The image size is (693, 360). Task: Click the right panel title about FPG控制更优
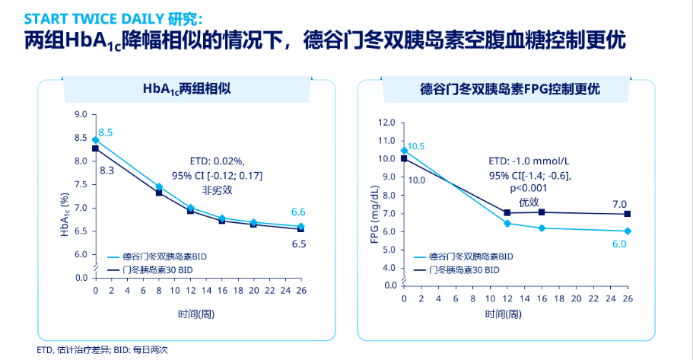click(510, 89)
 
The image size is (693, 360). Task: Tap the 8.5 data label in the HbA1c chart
click(106, 133)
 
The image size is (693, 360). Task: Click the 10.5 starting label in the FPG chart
click(415, 146)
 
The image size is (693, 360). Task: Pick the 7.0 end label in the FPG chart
click(619, 204)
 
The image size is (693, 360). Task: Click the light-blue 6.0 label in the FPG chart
click(619, 244)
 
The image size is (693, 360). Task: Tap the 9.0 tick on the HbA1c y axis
click(81, 114)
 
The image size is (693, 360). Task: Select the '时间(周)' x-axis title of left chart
click(199, 313)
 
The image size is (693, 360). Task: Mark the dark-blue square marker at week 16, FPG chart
click(541, 212)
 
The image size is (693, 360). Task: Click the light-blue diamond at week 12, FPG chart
click(507, 223)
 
